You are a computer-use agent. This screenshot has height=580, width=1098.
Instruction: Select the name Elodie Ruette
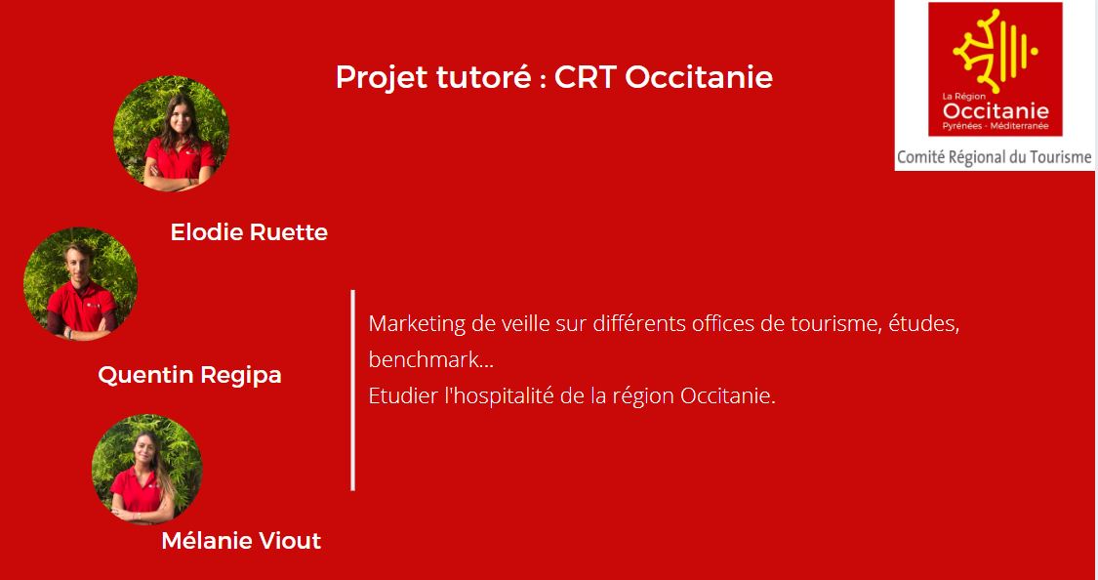pyautogui.click(x=249, y=231)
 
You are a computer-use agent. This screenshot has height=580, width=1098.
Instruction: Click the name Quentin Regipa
pyautogui.click(x=189, y=375)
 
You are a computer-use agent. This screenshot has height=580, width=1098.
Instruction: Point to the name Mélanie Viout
pyautogui.click(x=242, y=541)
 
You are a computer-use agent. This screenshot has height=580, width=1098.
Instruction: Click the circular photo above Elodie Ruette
pyautogui.click(x=172, y=133)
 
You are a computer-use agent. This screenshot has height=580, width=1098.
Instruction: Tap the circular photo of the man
pyautogui.click(x=81, y=284)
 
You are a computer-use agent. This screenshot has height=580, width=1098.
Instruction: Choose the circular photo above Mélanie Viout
pyautogui.click(x=147, y=470)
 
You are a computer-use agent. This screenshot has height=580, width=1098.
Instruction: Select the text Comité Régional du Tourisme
pyautogui.click(x=995, y=157)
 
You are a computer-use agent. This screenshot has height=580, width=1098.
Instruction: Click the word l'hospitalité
pyautogui.click(x=501, y=397)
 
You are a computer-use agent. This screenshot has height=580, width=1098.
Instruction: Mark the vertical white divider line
pyautogui.click(x=353, y=391)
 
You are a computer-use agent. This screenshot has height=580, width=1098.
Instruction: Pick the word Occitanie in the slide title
pyautogui.click(x=698, y=77)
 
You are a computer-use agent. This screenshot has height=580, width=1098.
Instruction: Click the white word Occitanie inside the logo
pyautogui.click(x=996, y=111)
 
